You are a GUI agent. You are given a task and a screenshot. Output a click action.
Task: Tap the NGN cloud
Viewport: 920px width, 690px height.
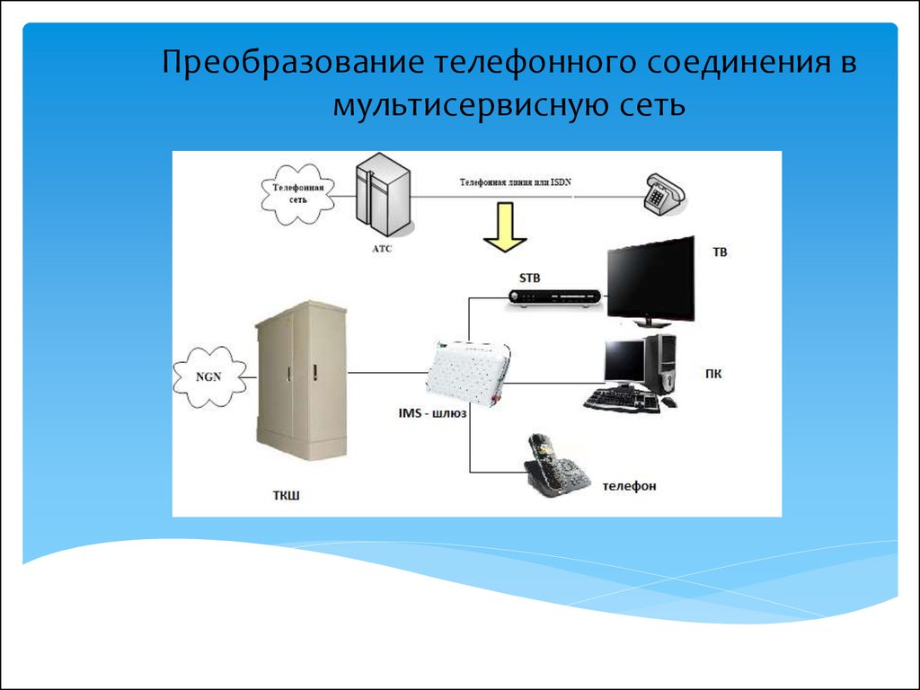[209, 376]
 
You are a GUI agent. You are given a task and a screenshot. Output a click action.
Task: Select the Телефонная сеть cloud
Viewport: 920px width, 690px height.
[298, 194]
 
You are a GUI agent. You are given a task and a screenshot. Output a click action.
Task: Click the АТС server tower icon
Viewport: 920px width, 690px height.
[383, 195]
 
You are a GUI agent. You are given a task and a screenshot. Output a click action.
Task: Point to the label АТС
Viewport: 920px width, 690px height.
[382, 249]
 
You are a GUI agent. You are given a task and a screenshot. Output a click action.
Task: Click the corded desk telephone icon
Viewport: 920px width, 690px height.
[664, 193]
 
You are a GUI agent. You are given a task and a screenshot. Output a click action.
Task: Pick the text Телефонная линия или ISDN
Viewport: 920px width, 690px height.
[515, 182]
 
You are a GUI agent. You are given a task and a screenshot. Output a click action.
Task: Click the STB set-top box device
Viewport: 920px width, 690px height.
[555, 297]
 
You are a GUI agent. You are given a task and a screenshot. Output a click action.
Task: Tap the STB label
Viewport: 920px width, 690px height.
[529, 279]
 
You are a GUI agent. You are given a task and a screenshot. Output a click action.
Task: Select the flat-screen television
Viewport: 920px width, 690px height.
[650, 281]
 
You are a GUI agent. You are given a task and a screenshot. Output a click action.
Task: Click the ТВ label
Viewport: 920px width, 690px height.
[720, 252]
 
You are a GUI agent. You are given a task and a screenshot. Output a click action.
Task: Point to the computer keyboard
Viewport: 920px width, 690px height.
[622, 401]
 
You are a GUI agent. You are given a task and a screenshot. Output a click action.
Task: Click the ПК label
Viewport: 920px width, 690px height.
[713, 374]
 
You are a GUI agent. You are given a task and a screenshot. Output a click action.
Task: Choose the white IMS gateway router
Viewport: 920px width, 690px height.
[468, 372]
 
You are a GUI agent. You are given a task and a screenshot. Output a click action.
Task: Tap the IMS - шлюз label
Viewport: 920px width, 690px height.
[432, 413]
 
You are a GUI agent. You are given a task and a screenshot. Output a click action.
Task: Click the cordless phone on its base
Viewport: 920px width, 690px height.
[555, 466]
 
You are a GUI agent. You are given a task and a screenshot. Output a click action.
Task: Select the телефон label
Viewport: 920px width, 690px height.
[630, 486]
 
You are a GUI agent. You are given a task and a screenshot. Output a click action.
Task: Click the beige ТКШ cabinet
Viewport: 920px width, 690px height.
[301, 381]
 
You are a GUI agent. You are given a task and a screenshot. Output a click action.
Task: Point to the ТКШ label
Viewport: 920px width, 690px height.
[287, 496]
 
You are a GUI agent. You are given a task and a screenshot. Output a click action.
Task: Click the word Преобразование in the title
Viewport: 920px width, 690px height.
[293, 63]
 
